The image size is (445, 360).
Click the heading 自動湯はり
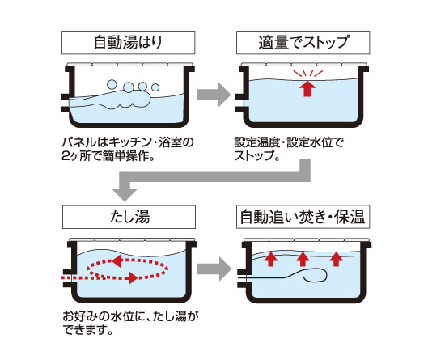point(128,43)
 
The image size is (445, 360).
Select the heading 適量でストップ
point(303,43)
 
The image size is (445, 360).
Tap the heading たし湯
point(129,217)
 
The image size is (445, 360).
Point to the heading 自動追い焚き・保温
point(303,217)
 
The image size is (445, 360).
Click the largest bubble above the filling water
point(129,87)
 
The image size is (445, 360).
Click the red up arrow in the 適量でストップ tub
point(307,88)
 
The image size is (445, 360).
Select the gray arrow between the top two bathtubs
point(214,95)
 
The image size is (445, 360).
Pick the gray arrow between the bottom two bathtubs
point(214,269)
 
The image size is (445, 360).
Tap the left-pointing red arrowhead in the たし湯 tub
point(117,260)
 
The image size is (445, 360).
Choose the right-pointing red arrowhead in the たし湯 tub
point(133,277)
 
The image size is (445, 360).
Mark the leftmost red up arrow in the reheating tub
point(271,259)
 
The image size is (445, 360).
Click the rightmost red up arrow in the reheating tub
point(337,259)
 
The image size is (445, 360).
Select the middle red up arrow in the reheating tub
point(303,259)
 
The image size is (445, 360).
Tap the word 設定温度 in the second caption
point(257,142)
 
